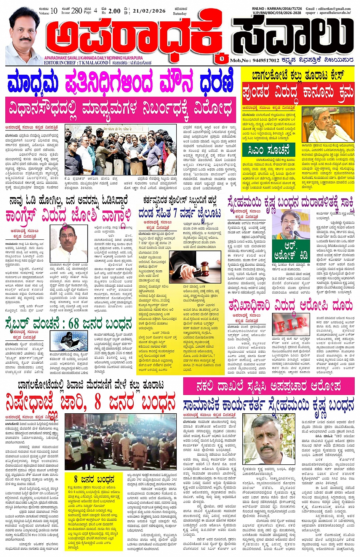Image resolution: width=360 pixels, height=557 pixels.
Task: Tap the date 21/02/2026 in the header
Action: pyautogui.click(x=149, y=11)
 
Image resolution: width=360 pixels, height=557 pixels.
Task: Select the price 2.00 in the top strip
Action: pyautogui.click(x=114, y=11)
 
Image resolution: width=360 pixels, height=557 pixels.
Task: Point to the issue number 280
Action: pyautogui.click(x=77, y=10)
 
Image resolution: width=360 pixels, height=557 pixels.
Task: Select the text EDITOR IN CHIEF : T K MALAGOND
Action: pyautogui.click(x=76, y=63)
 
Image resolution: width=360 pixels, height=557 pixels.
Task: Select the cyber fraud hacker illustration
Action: pyautogui.click(x=66, y=339)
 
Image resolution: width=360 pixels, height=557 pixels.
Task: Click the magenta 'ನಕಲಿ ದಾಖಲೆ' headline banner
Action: pyautogui.click(x=268, y=386)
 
